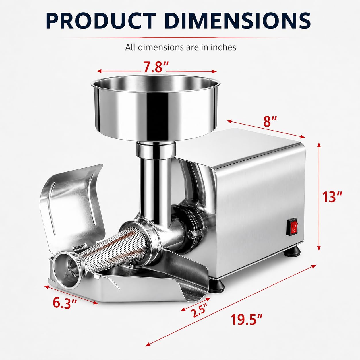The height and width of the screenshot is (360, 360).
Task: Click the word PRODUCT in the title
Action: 101,21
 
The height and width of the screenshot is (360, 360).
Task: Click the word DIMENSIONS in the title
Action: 238,21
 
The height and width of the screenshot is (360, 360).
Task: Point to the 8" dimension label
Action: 270,121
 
